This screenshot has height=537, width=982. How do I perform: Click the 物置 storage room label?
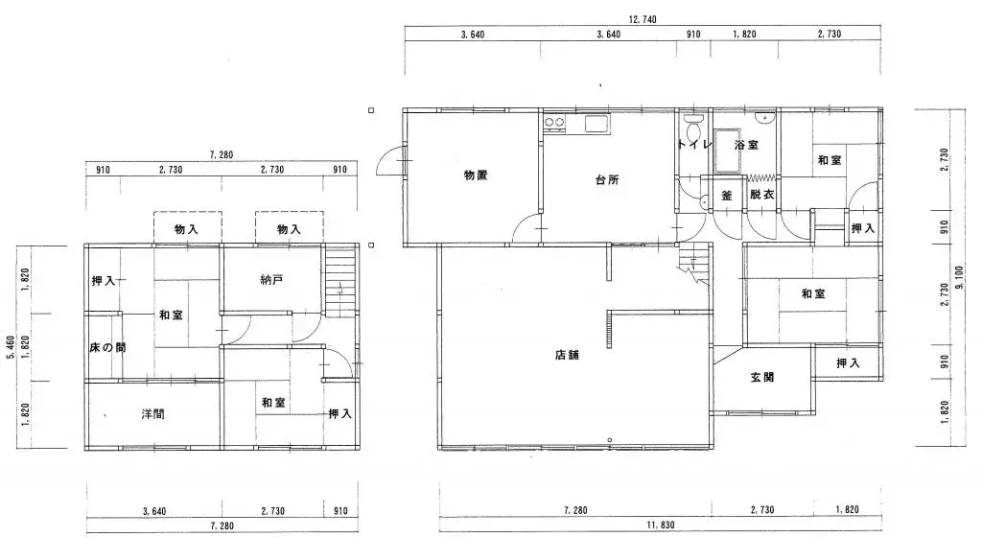(x=476, y=175)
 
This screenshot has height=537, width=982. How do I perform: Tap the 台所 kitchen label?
(x=606, y=179)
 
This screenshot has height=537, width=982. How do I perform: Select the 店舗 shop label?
(x=567, y=354)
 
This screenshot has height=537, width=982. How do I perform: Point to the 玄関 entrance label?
(x=762, y=377)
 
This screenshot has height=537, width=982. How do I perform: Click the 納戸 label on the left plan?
(x=271, y=281)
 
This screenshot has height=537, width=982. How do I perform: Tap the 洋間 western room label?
(x=152, y=414)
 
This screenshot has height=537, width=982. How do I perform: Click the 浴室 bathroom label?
(x=746, y=146)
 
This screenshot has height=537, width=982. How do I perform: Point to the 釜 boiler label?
(x=727, y=195)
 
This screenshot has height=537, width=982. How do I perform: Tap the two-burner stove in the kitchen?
(x=555, y=123)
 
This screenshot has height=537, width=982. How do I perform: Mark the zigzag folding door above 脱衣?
(x=761, y=178)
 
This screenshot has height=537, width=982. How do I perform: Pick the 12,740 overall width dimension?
(x=643, y=19)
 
